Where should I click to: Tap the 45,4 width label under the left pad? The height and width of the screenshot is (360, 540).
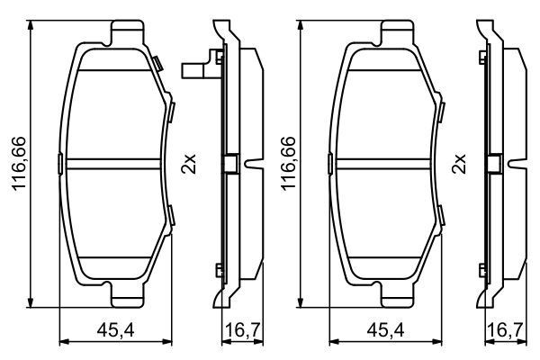coord(113,330)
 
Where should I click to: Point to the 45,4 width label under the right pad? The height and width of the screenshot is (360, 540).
coord(383,330)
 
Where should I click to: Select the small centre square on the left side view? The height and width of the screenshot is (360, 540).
coord(229,165)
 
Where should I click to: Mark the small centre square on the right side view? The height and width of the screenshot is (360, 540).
coord(494,165)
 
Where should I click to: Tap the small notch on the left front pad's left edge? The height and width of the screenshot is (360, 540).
coord(59,164)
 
